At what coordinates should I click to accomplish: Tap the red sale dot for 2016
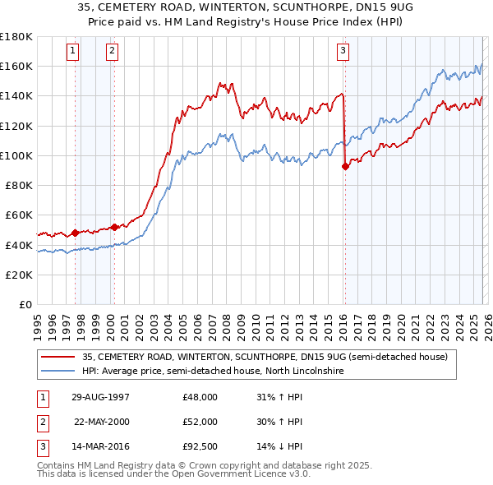[x=345, y=166]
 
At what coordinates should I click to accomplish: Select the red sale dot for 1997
[x=75, y=233]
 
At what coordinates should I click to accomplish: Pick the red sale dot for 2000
[x=114, y=226]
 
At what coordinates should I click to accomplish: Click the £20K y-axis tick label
[x=19, y=275]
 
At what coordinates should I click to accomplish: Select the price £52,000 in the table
[x=200, y=422]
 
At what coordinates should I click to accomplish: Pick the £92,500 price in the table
[x=200, y=446]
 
